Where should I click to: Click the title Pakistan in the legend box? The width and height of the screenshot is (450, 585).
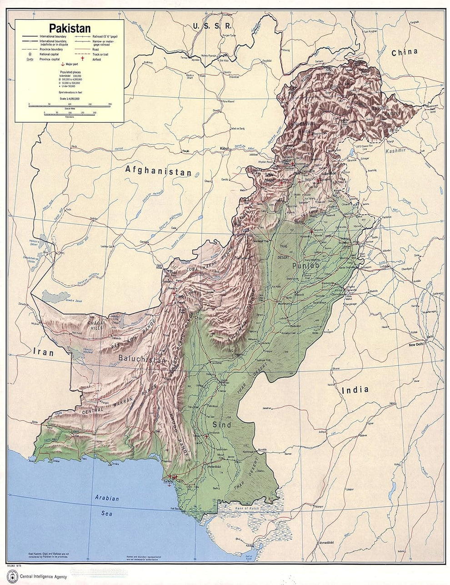(70, 28)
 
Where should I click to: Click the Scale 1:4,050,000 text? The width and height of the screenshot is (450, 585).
(70, 98)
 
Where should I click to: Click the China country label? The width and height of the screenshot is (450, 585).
(404, 52)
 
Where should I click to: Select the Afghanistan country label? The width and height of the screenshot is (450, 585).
(158, 171)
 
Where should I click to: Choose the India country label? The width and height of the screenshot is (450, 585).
(355, 389)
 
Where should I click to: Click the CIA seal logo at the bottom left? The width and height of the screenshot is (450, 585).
(11, 576)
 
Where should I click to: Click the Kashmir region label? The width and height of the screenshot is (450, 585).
(395, 150)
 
